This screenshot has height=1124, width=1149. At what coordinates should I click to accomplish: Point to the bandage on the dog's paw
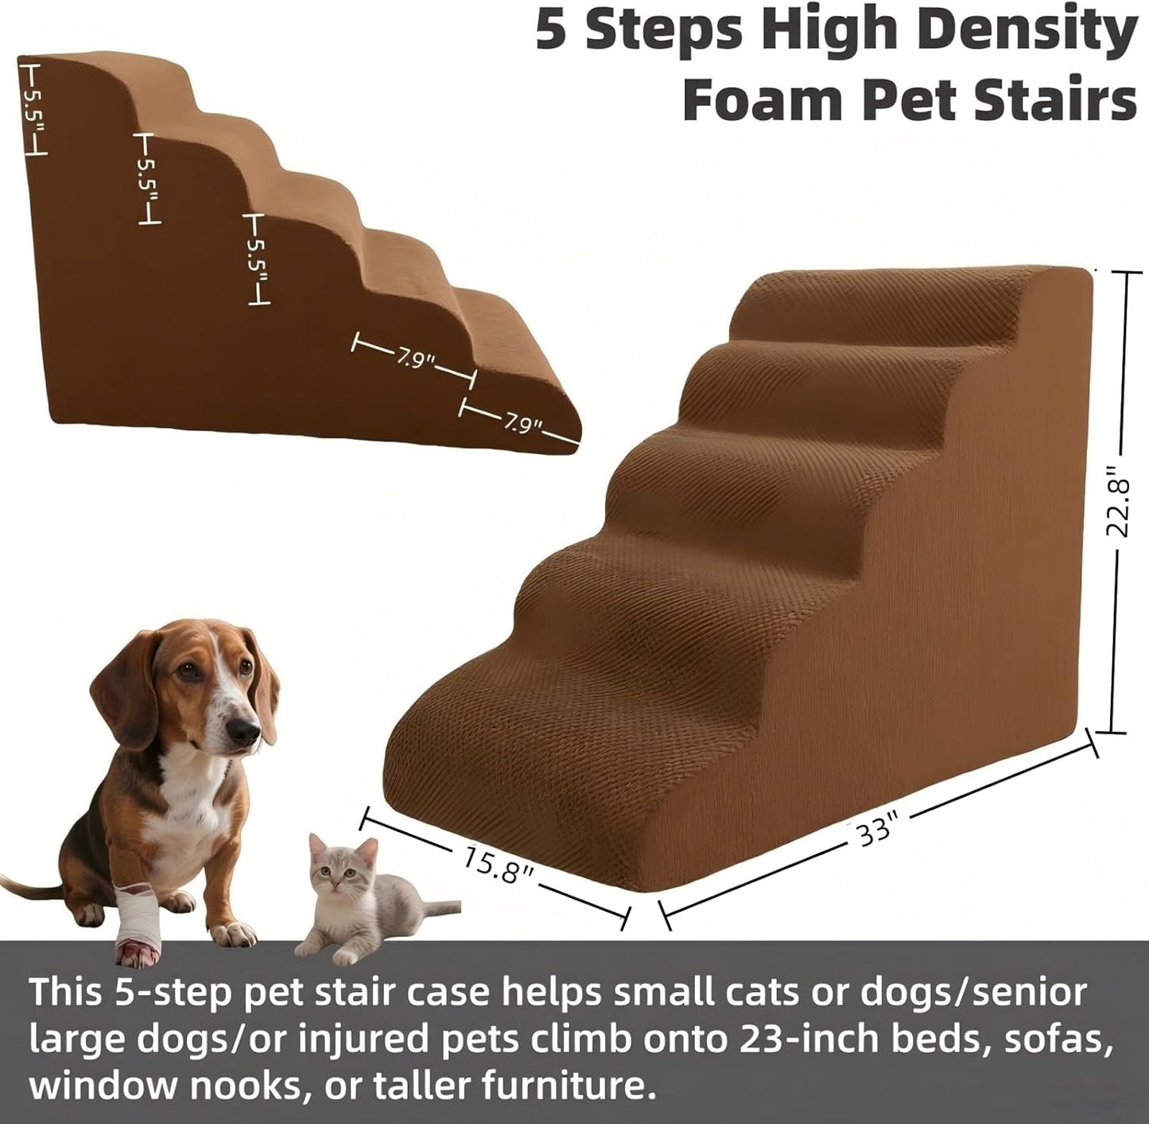click(x=138, y=915)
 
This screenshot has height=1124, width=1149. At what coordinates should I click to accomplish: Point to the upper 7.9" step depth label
click(x=415, y=359)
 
